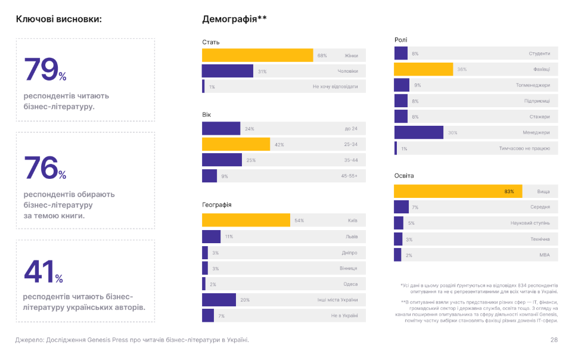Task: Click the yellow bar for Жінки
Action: tap(257, 55)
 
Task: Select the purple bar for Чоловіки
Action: tap(228, 71)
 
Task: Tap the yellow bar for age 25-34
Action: tap(236, 144)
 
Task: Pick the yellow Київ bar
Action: tap(246, 221)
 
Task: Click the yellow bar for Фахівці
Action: tap(424, 69)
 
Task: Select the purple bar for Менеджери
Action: tap(419, 132)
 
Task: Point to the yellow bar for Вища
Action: tap(458, 191)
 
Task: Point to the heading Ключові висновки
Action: tap(58, 19)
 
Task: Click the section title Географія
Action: tap(217, 204)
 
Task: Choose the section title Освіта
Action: tap(404, 176)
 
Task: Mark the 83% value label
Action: tap(509, 191)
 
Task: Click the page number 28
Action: tap(554, 340)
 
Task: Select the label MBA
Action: tap(544, 255)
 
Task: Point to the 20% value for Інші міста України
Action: tap(245, 300)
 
